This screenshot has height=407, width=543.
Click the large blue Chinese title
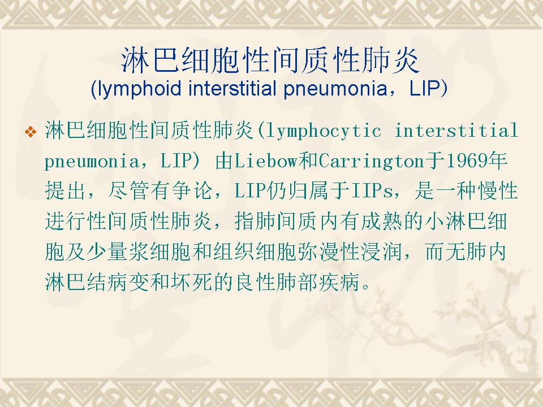coord(270,61)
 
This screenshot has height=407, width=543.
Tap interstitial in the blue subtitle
coord(232,88)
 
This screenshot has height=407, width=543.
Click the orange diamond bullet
coord(31,132)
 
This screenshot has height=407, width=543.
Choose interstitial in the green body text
coord(456,130)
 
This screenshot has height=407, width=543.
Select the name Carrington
coord(371,161)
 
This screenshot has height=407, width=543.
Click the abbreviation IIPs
coord(372,191)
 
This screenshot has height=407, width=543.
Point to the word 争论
coord(192,191)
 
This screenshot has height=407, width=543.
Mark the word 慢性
coord(498,191)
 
